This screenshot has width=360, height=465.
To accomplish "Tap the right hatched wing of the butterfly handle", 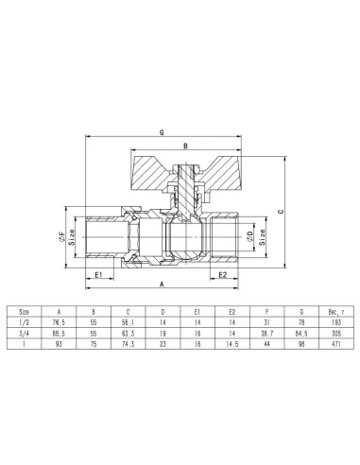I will pos(226,169).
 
